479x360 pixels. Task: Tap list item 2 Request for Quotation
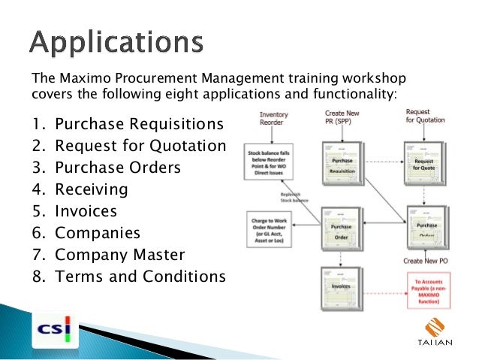point(128,146)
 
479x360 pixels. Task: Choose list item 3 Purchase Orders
point(106,167)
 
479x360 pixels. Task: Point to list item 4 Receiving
point(80,189)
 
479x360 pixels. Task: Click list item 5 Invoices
point(75,211)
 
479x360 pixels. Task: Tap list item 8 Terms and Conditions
point(128,277)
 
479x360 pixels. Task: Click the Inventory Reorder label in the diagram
point(273,119)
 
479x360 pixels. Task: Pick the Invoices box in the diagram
point(342,286)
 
